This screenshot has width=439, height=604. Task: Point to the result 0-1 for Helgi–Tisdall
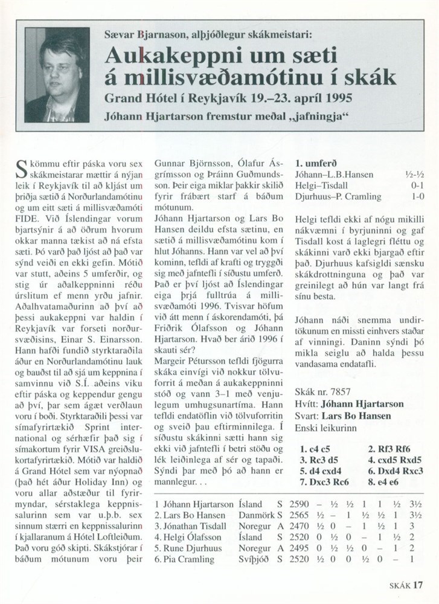[415, 185]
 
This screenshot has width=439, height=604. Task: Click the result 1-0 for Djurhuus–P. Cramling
[415, 197]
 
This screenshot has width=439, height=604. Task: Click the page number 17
[418, 585]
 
